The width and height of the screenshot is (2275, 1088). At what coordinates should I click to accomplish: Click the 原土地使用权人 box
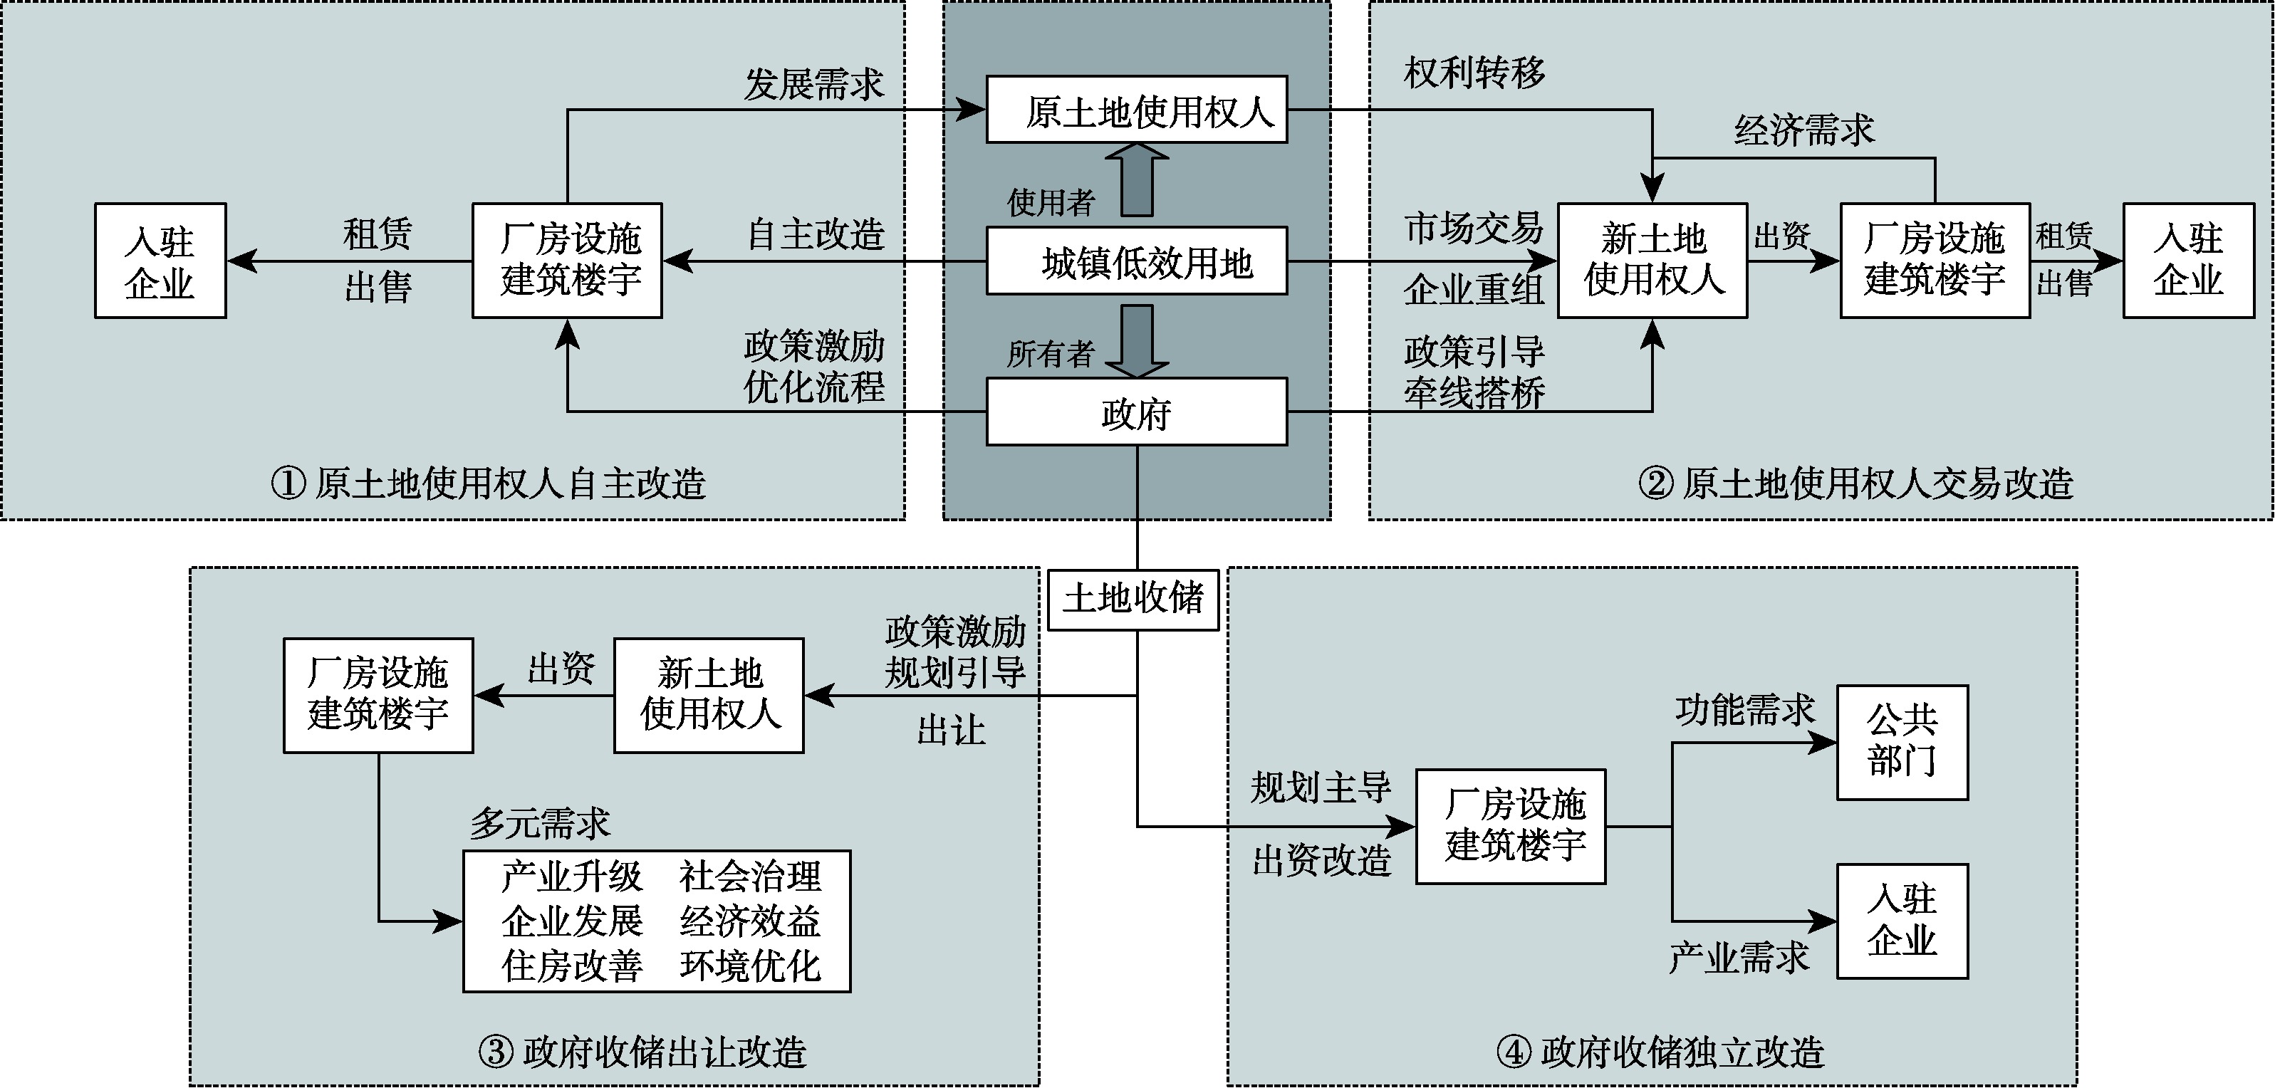point(1136,110)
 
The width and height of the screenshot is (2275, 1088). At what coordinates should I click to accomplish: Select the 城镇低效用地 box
point(1136,261)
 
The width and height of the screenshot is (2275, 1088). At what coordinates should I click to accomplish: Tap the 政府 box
point(1136,412)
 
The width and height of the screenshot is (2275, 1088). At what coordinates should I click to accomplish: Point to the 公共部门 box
point(1902,743)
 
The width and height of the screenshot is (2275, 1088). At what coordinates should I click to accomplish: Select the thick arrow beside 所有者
point(1137,340)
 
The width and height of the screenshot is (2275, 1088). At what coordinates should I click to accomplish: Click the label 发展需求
point(813,85)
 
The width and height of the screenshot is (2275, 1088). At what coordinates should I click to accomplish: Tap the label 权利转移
point(1474,73)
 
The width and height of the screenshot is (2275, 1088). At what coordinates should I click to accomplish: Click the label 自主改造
point(815,235)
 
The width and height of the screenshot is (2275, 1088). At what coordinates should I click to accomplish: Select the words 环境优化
point(750,966)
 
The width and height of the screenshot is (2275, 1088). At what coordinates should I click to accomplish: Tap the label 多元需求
point(540,824)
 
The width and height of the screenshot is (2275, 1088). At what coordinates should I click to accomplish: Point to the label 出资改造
point(1321,860)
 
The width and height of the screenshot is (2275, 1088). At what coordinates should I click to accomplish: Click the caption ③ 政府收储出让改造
point(642,1052)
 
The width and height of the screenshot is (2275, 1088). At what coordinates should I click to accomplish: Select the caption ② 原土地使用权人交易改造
point(1855,483)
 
